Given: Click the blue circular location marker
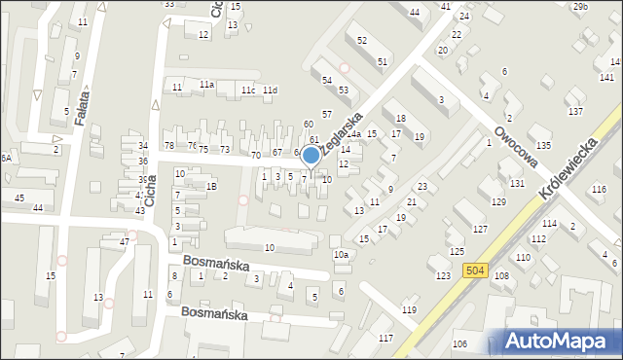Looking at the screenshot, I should point(311,155).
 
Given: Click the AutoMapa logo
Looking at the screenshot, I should point(558,341).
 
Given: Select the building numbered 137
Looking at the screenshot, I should point(575,112).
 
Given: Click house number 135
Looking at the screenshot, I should point(542,144).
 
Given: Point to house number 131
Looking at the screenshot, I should point(516,183).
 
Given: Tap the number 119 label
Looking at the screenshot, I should point(409,310).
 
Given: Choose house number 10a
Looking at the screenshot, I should point(341,255).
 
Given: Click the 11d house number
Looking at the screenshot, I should point(270,90).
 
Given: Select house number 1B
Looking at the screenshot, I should point(211,186).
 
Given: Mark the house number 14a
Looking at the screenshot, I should point(354,134).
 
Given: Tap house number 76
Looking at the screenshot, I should point(191,146).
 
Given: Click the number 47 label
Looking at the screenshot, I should point(124,240).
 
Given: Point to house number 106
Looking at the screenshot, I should point(459,344).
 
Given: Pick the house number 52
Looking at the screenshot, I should point(362,40).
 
